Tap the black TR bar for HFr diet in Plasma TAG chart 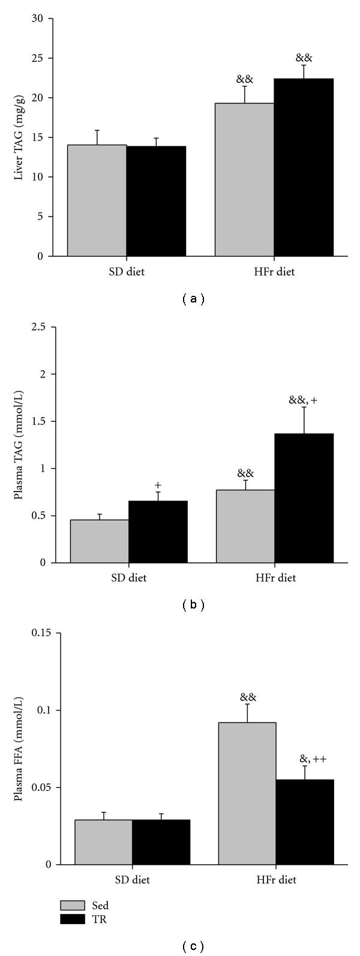pyautogui.click(x=304, y=498)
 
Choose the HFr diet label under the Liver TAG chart pyautogui.click(x=274, y=272)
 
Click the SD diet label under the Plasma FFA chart pyautogui.click(x=133, y=880)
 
